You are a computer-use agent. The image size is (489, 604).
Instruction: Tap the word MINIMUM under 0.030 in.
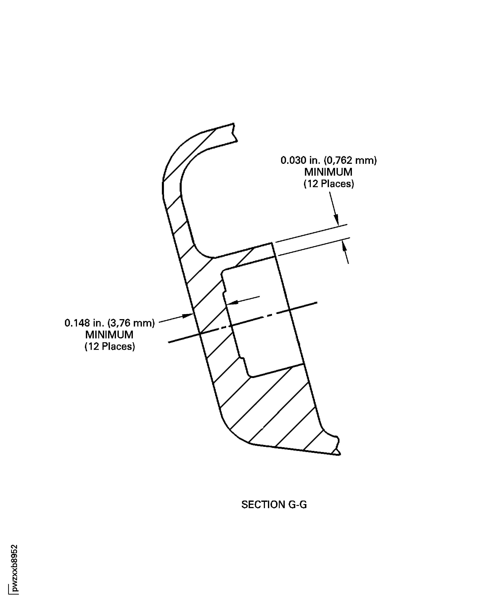pos(328,172)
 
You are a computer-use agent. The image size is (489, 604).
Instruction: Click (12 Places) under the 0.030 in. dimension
pos(329,184)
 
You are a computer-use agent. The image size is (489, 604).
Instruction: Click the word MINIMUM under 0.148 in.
pos(109,335)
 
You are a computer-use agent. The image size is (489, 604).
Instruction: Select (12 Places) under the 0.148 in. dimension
pos(110,346)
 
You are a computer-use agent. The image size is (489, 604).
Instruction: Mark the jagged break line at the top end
pos(234,133)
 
